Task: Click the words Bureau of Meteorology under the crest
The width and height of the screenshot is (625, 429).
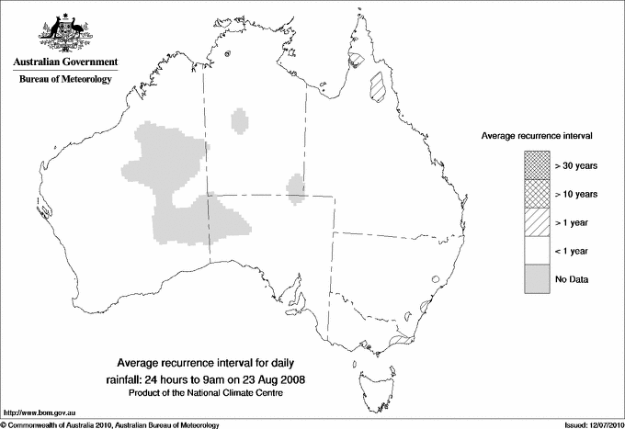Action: [x=65, y=80]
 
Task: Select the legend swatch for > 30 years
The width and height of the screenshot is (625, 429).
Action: [x=535, y=166]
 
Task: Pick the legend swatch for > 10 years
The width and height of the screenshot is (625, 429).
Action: [x=535, y=195]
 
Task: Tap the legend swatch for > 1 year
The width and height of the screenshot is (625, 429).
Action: [x=535, y=222]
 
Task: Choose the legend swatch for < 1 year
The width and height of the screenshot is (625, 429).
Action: [x=535, y=251]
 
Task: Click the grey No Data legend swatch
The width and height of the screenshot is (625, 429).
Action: [x=535, y=278]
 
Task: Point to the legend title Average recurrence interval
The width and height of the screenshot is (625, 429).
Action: [x=536, y=135]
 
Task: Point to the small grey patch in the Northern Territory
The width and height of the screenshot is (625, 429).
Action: [x=241, y=120]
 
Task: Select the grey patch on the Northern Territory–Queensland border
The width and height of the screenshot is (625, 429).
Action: [x=296, y=186]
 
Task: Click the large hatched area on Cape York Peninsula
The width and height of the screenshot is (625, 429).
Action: [x=376, y=85]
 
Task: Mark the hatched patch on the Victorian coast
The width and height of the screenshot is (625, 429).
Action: [x=400, y=342]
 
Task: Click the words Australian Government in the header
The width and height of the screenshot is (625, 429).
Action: [x=65, y=62]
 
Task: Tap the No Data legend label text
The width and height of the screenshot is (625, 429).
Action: [x=572, y=278]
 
